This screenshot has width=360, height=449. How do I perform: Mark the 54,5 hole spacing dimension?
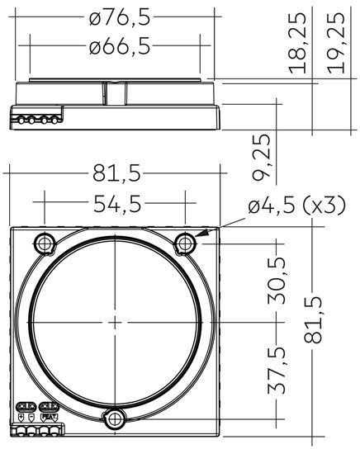click(x=115, y=205)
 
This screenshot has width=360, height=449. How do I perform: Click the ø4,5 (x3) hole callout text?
click(x=296, y=206)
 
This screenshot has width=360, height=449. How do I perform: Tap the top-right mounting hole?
click(x=186, y=243)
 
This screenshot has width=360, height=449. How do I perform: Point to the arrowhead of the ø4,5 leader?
click(x=198, y=238)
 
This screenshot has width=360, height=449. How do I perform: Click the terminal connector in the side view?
click(x=38, y=120)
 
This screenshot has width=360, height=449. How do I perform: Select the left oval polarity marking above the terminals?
click(x=26, y=406)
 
